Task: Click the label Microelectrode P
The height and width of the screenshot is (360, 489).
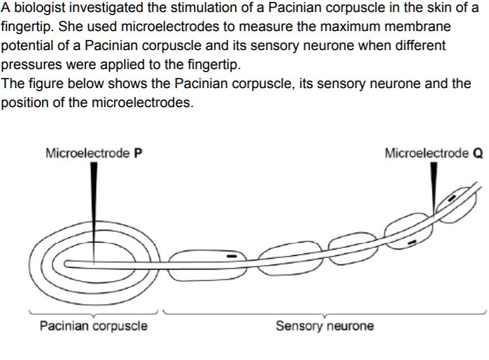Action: (93, 153)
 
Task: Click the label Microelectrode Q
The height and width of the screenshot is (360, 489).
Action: (434, 153)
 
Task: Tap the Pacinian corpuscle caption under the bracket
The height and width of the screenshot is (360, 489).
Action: (93, 326)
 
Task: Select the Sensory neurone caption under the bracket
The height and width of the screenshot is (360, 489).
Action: (324, 326)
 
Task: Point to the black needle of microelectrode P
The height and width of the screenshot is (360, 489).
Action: (94, 190)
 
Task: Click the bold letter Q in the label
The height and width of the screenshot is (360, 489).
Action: (479, 153)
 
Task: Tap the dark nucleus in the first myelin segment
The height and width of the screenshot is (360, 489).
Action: (232, 255)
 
